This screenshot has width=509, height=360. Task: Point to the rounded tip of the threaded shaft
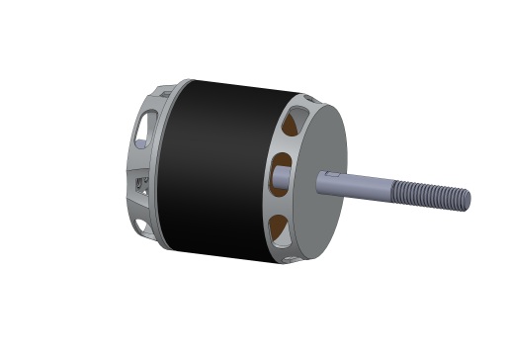point(467,200)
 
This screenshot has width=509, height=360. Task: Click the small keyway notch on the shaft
point(332,174)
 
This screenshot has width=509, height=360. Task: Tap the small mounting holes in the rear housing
point(135,182)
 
